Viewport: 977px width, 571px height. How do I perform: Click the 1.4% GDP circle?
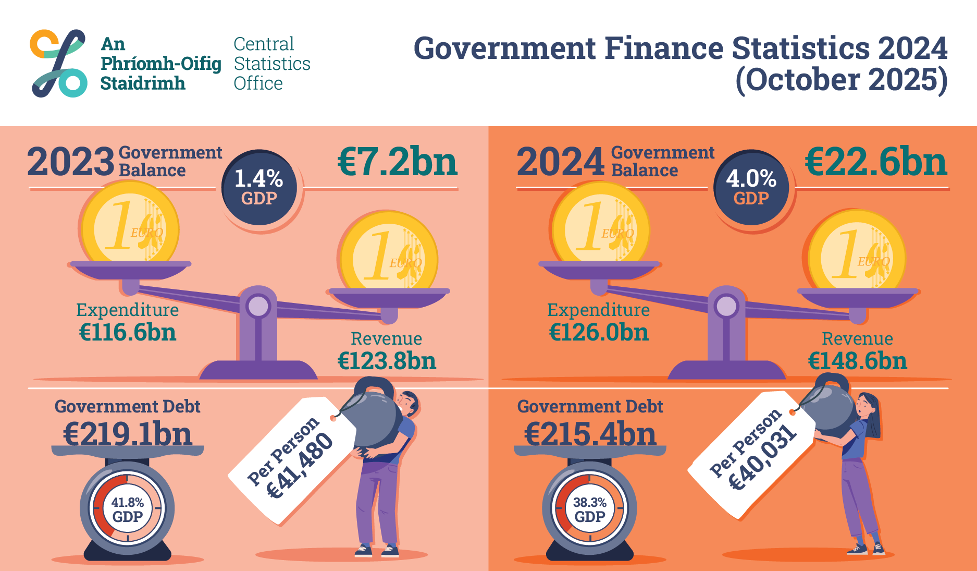pyautogui.click(x=259, y=188)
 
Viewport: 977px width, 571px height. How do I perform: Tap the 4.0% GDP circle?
pyautogui.click(x=751, y=188)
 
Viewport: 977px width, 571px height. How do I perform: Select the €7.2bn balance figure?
pyautogui.click(x=398, y=162)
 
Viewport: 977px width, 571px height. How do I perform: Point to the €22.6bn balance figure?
pyautogui.click(x=876, y=162)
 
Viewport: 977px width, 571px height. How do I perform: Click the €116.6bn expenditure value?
pyautogui.click(x=128, y=332)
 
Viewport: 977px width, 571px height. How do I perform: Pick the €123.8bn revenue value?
pyautogui.click(x=387, y=361)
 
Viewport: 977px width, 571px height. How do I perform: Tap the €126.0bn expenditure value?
pyautogui.click(x=599, y=332)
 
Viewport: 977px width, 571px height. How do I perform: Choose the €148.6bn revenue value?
pyautogui.click(x=857, y=361)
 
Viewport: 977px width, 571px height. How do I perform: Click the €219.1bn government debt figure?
pyautogui.click(x=128, y=434)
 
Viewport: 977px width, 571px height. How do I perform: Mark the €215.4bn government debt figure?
pyautogui.click(x=590, y=434)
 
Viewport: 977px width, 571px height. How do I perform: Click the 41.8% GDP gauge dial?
pyautogui.click(x=127, y=508)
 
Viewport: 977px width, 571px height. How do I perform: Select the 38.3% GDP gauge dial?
pyautogui.click(x=589, y=508)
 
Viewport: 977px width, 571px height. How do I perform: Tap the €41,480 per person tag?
pyautogui.click(x=292, y=459)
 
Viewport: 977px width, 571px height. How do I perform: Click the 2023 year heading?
pyautogui.click(x=70, y=162)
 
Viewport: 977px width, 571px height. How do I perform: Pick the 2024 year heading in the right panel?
pyautogui.click(x=560, y=162)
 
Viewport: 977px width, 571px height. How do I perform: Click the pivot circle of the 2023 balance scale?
pyautogui.click(x=258, y=306)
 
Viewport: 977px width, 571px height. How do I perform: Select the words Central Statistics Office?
pyautogui.click(x=271, y=64)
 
